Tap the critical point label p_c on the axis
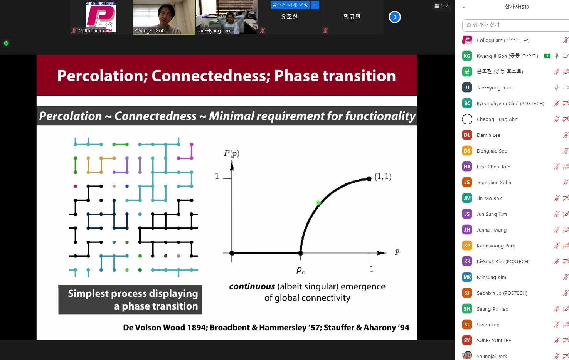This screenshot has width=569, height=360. pyautogui.click(x=301, y=270)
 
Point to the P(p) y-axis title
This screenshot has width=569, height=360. pyautogui.click(x=231, y=153)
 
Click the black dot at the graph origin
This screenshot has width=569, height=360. pyautogui.click(x=232, y=253)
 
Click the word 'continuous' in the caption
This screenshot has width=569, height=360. pyautogui.click(x=252, y=286)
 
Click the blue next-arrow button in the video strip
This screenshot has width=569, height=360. pyautogui.click(x=394, y=17)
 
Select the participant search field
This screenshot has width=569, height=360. pyautogui.click(x=516, y=25)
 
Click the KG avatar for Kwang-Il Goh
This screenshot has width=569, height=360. pyautogui.click(x=467, y=56)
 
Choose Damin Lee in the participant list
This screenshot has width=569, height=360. pyautogui.click(x=488, y=135)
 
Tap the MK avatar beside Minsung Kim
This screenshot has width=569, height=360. pyautogui.click(x=467, y=277)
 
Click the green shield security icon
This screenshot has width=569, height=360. pyautogui.click(x=6, y=43)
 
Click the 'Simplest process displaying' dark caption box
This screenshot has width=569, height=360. pyautogui.click(x=130, y=299)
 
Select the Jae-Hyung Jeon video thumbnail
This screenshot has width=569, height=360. pyautogui.click(x=227, y=17)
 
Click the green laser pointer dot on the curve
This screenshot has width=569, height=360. pyautogui.click(x=318, y=202)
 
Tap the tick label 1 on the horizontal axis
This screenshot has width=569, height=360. pyautogui.click(x=372, y=269)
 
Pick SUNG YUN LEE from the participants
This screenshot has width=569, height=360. pyautogui.click(x=494, y=340)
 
